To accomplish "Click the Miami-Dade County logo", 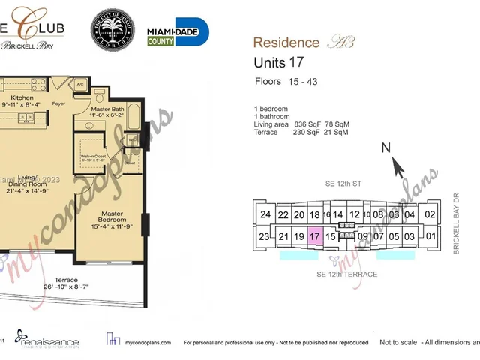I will pos(178,32).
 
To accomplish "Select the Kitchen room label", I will pos(22,98).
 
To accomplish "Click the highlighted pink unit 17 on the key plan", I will pos(315,236).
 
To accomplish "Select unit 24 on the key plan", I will pos(265,214).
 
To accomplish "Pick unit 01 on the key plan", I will pos(430,237).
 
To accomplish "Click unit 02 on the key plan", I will pos(430,214).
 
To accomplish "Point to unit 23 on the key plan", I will pos(264,237).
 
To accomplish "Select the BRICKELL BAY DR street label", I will pos(455,224).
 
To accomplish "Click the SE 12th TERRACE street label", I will pos(346,274).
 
